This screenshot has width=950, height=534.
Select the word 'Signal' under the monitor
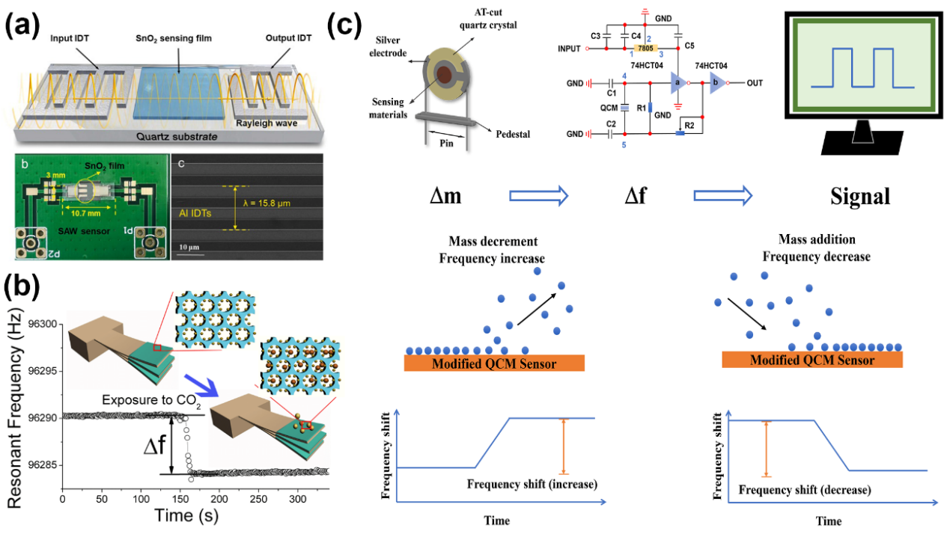859,197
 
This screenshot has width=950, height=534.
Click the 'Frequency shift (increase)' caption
532,484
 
